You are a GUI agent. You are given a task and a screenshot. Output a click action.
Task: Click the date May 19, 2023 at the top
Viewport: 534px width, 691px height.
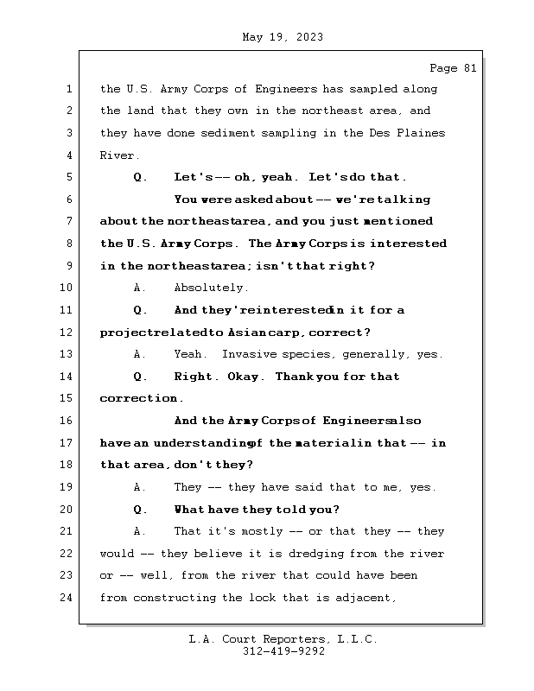283,37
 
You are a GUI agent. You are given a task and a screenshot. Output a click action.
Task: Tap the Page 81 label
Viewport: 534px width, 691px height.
453,67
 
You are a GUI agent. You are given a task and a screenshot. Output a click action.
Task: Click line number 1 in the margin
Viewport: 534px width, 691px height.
69,89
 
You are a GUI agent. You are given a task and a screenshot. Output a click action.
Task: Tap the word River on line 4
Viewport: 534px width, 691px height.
118,155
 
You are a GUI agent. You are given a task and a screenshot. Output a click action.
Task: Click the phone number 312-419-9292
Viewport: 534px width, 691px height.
283,652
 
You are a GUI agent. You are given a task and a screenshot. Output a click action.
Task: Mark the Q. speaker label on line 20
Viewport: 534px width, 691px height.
141,510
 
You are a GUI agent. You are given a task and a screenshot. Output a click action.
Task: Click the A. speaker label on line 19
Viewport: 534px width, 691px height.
141,487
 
